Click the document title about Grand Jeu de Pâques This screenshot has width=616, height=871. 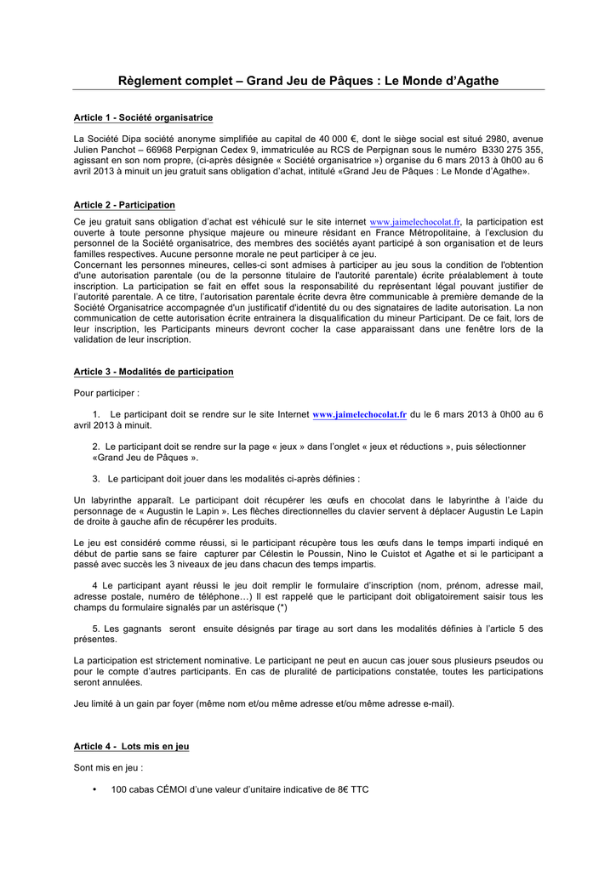tap(308, 81)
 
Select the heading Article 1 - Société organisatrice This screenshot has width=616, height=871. tap(143, 117)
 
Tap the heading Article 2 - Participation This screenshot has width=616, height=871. tap(124, 205)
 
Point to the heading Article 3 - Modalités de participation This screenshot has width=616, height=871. tap(153, 372)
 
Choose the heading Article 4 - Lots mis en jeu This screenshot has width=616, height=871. tap(131, 746)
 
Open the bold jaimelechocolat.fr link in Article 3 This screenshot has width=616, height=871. tap(360, 414)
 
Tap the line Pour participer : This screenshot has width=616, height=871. tap(106, 393)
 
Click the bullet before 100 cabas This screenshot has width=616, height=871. tap(94, 789)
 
